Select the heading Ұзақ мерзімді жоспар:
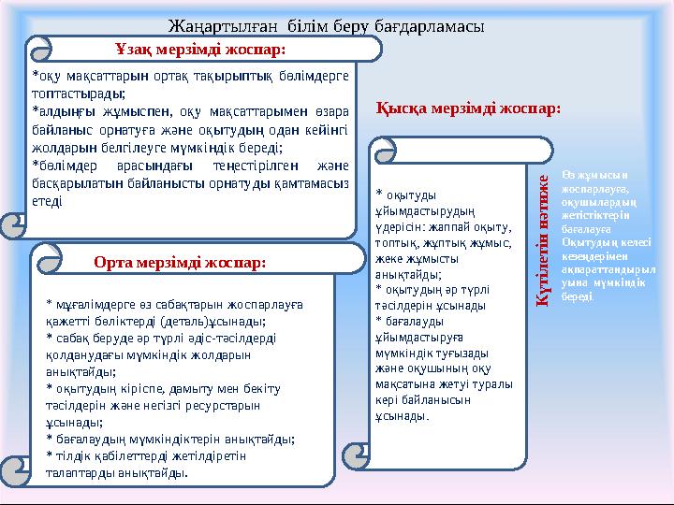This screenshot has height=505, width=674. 200,48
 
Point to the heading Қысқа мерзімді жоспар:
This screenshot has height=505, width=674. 469,108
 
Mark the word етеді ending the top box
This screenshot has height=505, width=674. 48,200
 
